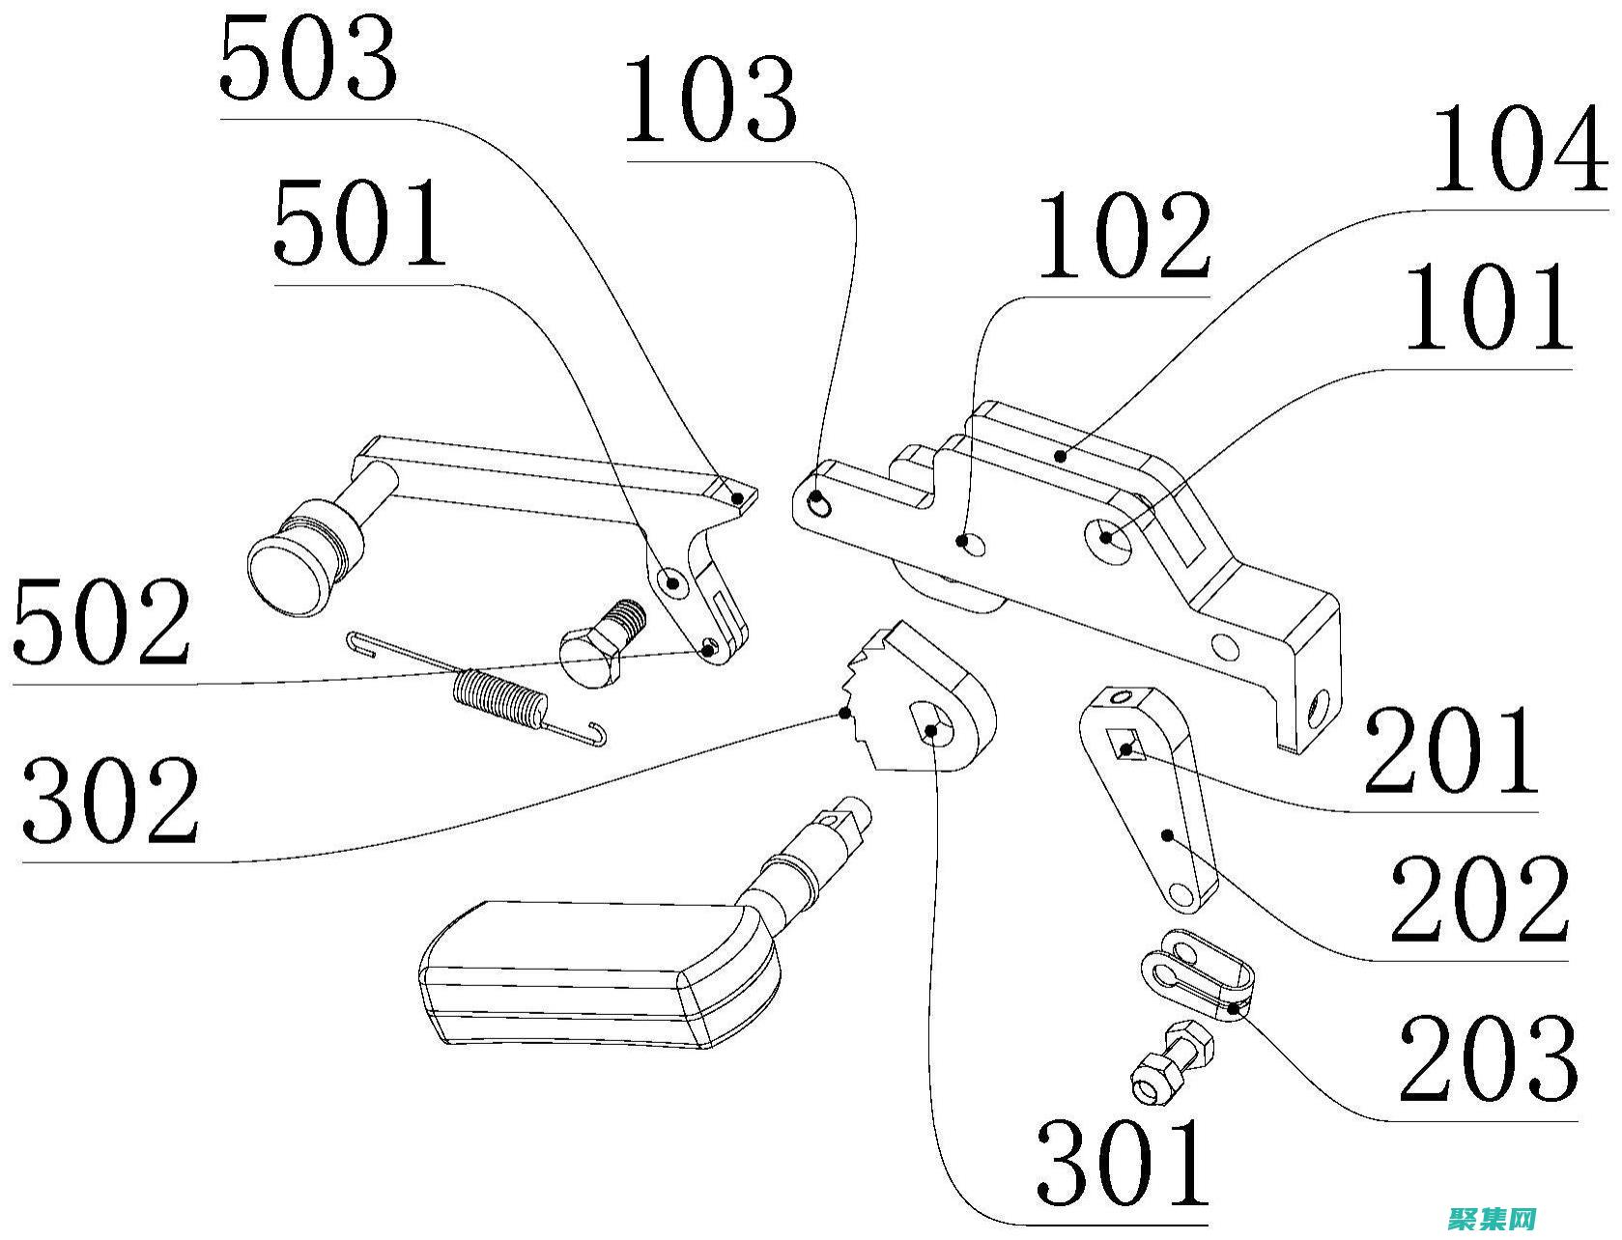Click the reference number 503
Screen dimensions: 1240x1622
click(308, 60)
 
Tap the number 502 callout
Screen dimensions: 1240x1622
click(101, 623)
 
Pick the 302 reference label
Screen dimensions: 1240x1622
click(111, 801)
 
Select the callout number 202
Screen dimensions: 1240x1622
click(1477, 901)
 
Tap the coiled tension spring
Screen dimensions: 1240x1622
click(498, 697)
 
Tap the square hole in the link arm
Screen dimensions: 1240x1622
click(1127, 747)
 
